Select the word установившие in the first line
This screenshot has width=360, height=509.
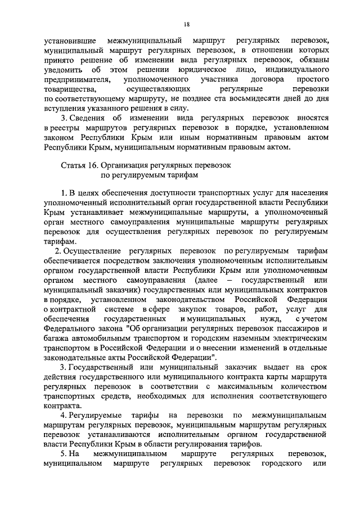point(73,42)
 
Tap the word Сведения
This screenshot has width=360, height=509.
point(89,119)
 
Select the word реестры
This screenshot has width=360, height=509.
point(67,128)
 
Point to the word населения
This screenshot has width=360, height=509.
point(308,195)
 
